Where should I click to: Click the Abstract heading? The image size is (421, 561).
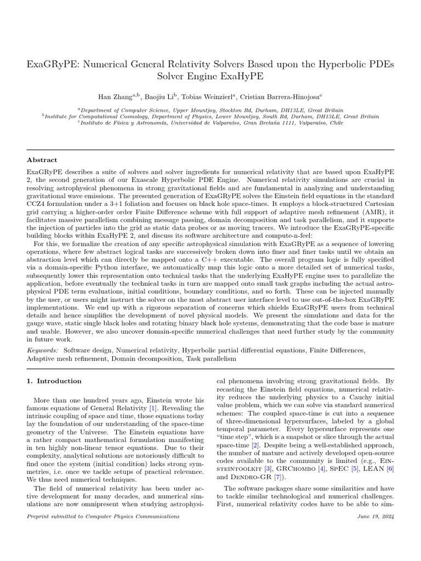point(42,160)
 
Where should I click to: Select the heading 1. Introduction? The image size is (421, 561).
point(54,381)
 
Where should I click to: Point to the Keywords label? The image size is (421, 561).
point(43,350)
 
